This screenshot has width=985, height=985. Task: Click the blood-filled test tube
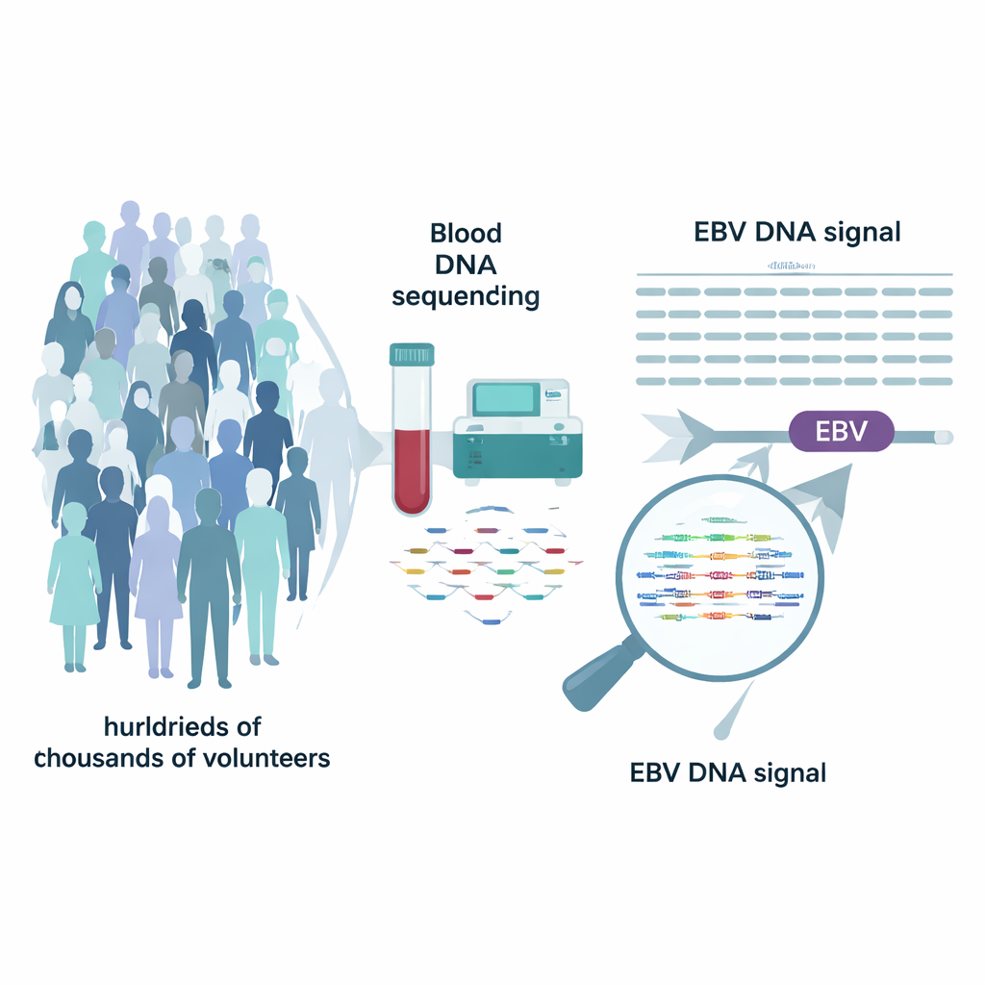411,433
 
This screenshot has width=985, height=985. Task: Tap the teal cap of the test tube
411,354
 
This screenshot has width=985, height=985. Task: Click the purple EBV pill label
841,432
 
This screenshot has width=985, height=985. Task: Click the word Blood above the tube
466,233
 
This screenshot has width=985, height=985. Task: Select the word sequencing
466,295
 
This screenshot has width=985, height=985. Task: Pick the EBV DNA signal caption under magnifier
727,772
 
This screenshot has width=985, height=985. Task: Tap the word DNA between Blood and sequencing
466,264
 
